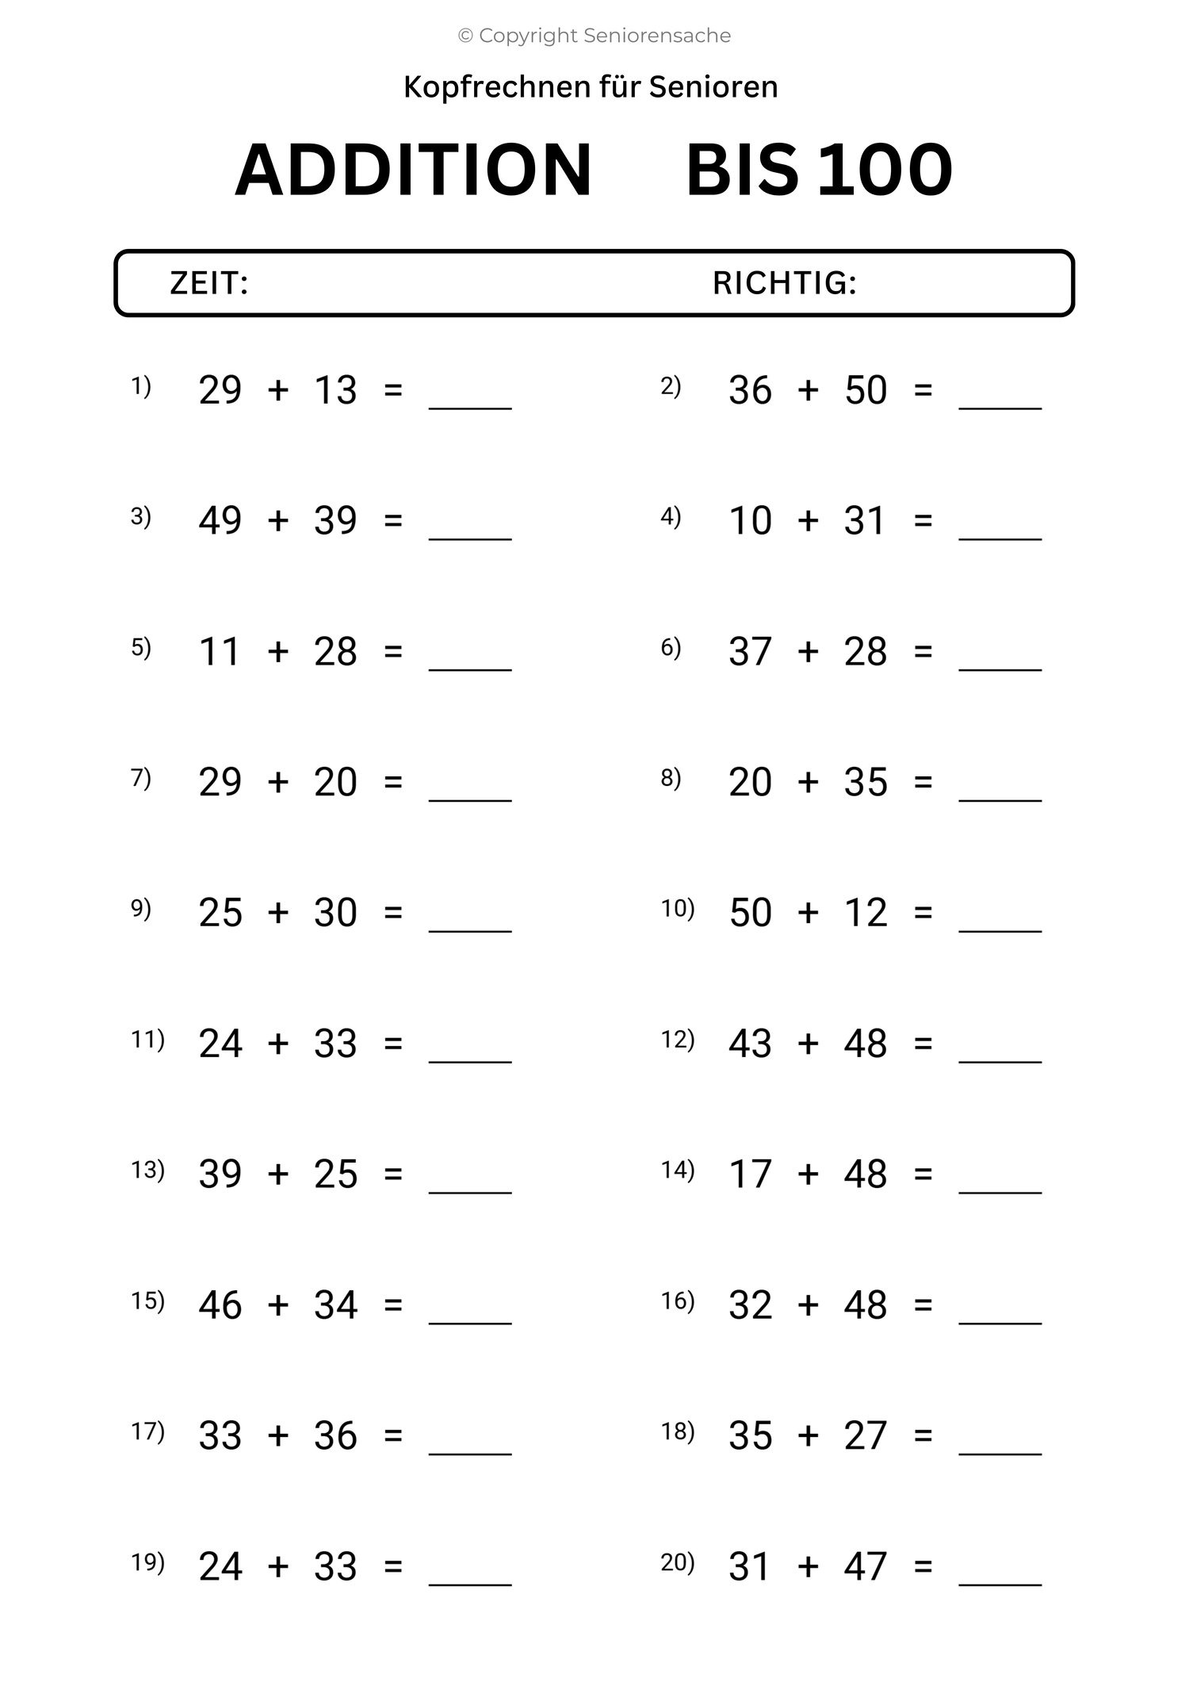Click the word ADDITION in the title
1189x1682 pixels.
[414, 170]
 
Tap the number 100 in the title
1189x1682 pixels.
[885, 170]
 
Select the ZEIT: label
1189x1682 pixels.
[209, 283]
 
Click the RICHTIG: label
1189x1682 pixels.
[785, 283]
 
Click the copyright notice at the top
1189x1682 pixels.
[594, 36]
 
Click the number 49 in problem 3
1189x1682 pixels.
[220, 521]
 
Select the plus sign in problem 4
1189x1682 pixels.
[808, 521]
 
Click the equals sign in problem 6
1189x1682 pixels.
[923, 652]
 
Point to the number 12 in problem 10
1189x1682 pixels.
[866, 913]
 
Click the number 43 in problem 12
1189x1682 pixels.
[750, 1044]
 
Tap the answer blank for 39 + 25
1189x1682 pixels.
[470, 1187]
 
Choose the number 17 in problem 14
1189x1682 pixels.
[750, 1174]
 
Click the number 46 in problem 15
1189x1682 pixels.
[220, 1305]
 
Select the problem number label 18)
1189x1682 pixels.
[678, 1431]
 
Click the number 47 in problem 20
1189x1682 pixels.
[866, 1567]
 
